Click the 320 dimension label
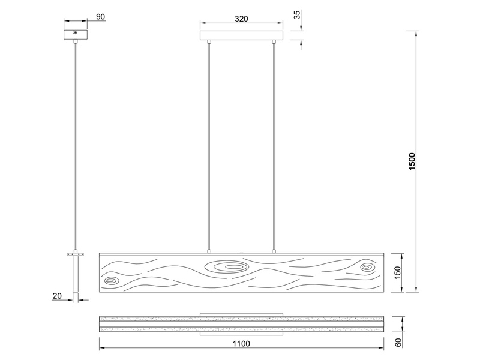pyautogui.click(x=241, y=19)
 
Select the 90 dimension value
pyautogui.click(x=101, y=17)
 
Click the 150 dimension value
pyautogui.click(x=411, y=273)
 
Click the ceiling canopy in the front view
pyautogui.click(x=241, y=34)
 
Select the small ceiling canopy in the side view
pyautogui.click(x=75, y=34)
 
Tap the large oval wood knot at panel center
pyautogui.click(x=226, y=266)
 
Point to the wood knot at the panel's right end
pyautogui.click(x=366, y=267)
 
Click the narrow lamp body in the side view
pyautogui.click(x=75, y=276)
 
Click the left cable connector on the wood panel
pyautogui.click(x=209, y=251)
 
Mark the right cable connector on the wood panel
pyautogui.click(x=274, y=251)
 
